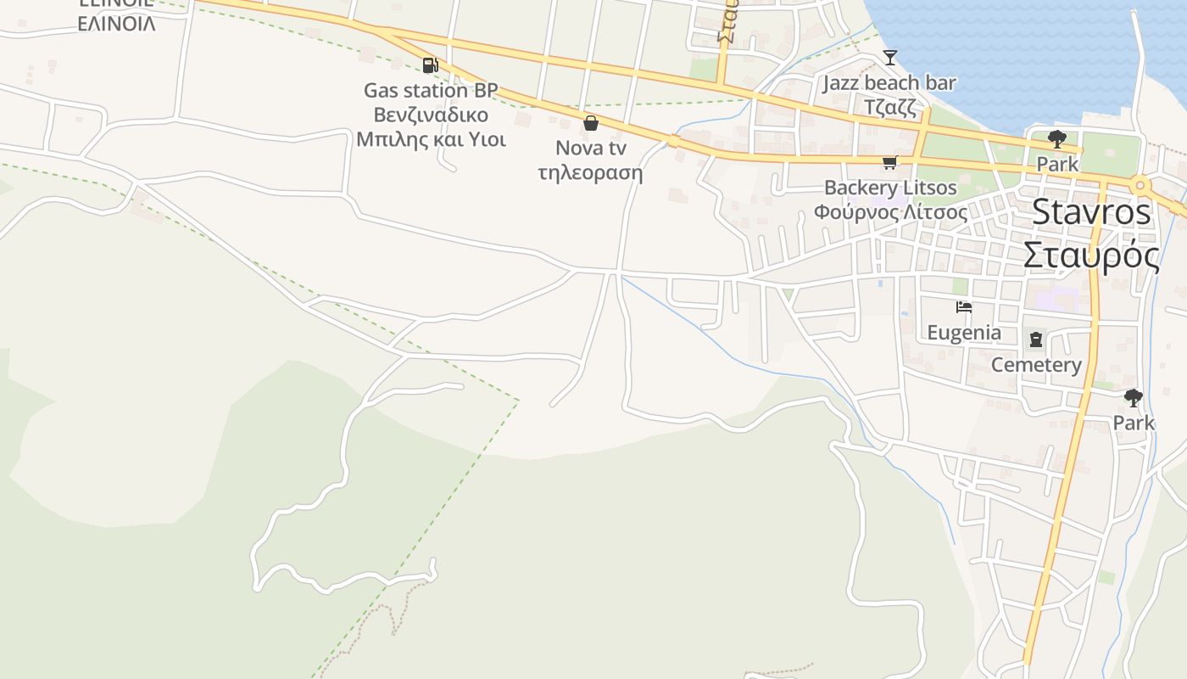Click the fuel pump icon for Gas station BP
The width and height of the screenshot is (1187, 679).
point(430,65)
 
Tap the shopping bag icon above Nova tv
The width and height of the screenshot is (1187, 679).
point(591,123)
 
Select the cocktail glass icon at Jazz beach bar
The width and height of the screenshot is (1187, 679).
point(889,58)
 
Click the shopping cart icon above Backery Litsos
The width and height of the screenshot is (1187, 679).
point(889,163)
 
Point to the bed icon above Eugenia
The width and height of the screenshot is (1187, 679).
point(963,307)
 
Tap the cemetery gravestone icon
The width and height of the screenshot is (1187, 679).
point(1036,340)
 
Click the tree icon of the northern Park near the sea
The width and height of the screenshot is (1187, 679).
point(1056,138)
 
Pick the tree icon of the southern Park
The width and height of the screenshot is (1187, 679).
point(1133,397)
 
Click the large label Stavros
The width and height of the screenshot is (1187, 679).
point(1091,212)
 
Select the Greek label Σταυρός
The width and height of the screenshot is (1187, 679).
point(1091,255)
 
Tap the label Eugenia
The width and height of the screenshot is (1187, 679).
point(964,333)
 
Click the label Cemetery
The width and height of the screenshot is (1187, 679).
point(1036,365)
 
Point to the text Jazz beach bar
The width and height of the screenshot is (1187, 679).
point(889,83)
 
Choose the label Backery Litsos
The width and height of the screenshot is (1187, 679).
point(890,188)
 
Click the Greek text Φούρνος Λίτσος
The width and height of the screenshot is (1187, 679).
point(890,211)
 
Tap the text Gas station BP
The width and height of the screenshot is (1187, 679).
point(431,90)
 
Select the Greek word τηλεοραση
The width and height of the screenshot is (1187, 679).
point(590,173)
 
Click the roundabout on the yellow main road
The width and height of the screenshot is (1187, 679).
point(1140,185)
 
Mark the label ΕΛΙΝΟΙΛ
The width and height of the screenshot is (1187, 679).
point(116,24)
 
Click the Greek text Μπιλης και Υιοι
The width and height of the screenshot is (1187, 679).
point(431,139)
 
